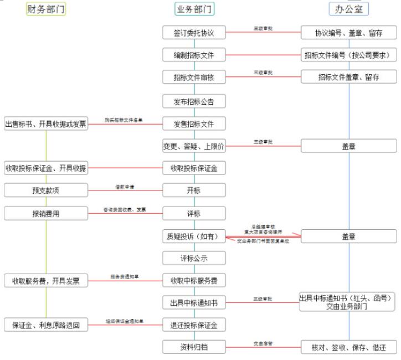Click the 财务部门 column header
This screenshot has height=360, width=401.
coord(46,9)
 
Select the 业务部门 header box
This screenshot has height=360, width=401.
coord(194,9)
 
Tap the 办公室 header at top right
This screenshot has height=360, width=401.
coord(349,9)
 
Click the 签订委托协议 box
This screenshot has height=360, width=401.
coord(194,33)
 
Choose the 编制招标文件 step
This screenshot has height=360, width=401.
coord(194,55)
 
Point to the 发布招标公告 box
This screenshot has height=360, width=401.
coord(194,101)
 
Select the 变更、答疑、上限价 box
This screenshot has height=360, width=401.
coord(194,146)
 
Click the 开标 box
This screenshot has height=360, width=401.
coord(194,191)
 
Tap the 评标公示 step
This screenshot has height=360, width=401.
coord(194,258)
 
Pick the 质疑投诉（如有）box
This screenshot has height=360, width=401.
coord(194,236)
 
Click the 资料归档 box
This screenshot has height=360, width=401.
coord(194,347)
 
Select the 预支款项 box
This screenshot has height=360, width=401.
coord(46,191)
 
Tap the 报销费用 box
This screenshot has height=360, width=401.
coord(46,213)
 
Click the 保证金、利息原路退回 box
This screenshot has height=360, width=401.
coord(46,325)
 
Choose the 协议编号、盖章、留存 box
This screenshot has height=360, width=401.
coord(349,33)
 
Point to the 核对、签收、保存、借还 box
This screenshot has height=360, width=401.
coord(349,347)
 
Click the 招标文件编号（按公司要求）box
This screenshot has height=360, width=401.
coord(349,55)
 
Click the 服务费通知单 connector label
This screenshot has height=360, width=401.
coord(125,276)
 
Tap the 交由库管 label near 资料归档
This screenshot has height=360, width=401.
coord(263,343)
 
